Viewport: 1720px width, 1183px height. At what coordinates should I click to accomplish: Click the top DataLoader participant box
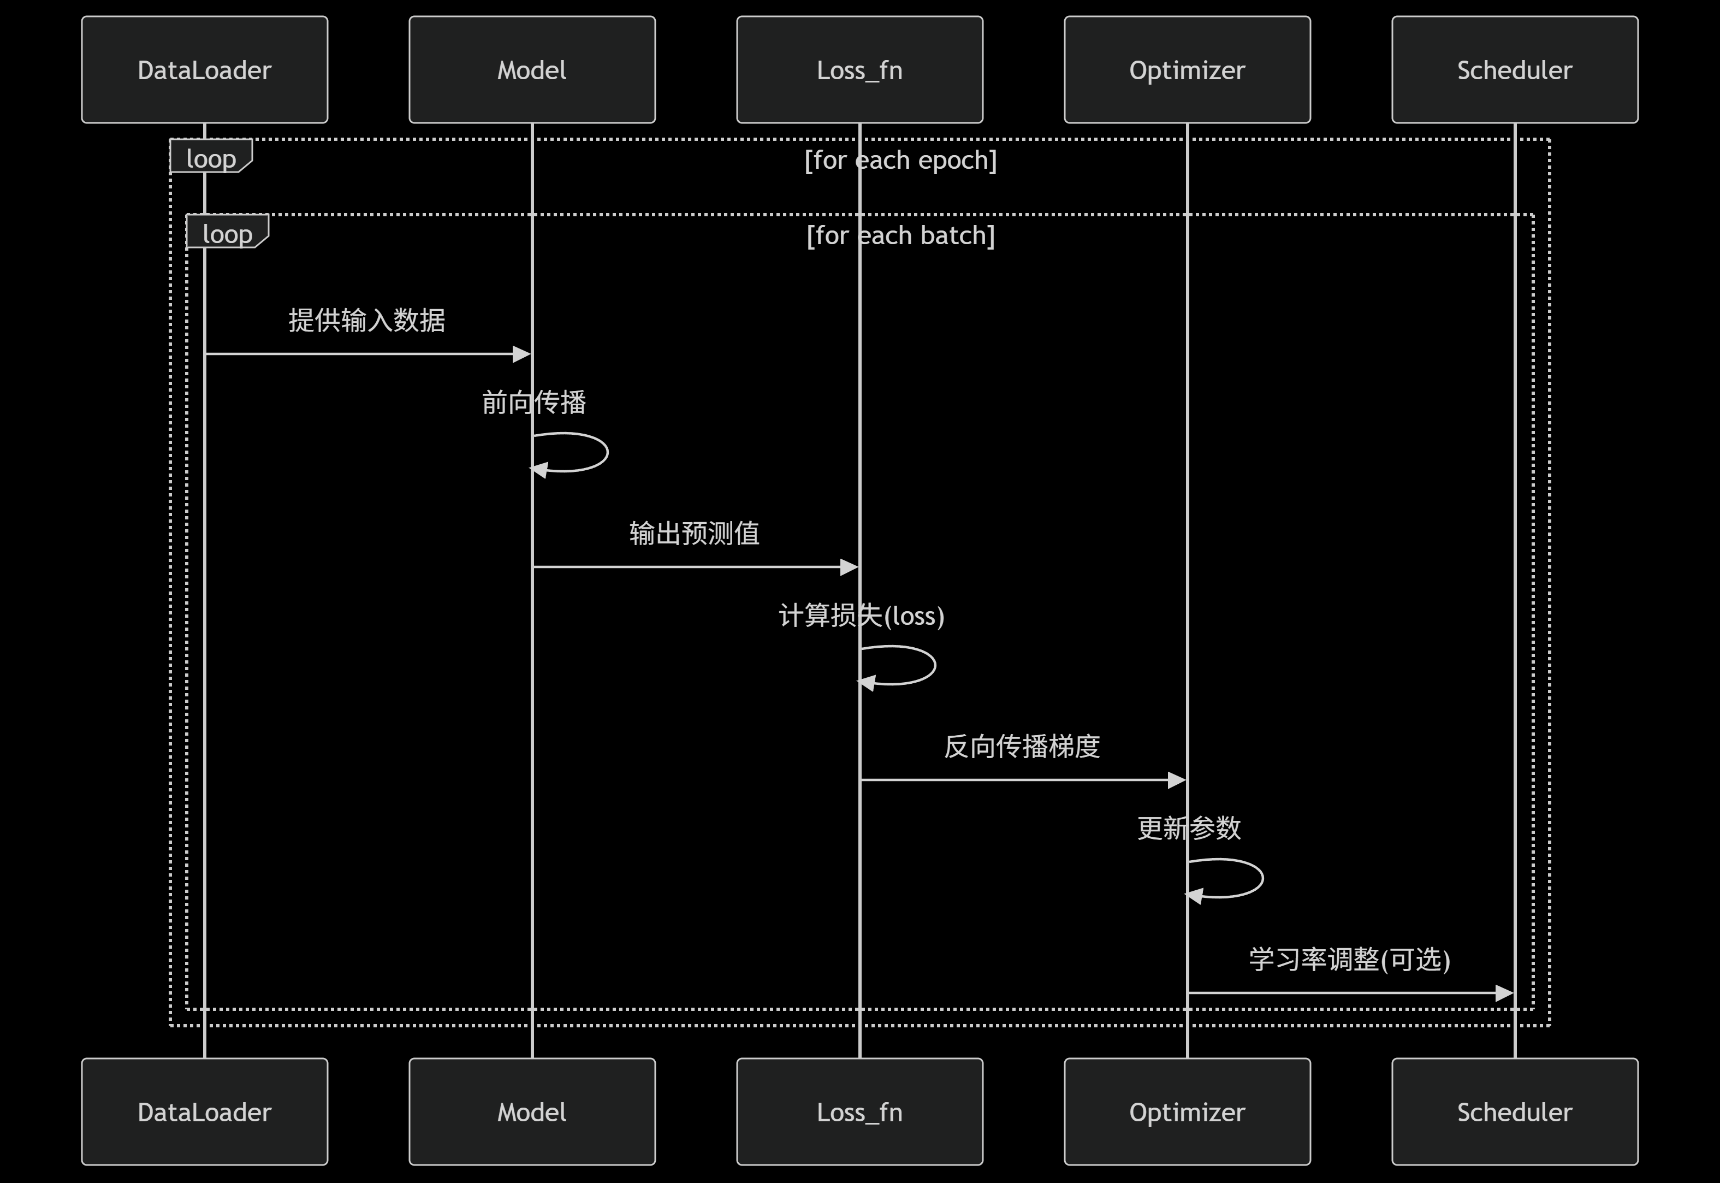pos(205,70)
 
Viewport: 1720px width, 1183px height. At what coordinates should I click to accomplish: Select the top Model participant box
pos(532,70)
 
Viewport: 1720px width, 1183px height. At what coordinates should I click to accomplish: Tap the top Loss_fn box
pos(859,70)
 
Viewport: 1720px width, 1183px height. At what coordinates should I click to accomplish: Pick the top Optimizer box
pos(1187,70)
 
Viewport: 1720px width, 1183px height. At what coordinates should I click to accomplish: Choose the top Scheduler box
pos(1515,70)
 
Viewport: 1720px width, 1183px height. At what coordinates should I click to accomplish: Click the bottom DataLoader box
pos(205,1112)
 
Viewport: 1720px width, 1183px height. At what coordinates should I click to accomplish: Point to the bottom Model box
pos(532,1112)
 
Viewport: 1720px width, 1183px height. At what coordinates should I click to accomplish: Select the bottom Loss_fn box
pos(859,1112)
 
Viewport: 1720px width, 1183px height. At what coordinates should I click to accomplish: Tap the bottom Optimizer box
pos(1187,1112)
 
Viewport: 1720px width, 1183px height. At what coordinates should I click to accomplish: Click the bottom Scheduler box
pos(1515,1112)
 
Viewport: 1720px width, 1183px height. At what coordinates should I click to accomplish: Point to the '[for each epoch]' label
pos(900,160)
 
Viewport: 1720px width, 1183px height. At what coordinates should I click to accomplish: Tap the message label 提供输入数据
pos(367,320)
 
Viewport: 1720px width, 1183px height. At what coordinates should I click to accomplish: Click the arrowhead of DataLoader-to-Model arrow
pos(521,354)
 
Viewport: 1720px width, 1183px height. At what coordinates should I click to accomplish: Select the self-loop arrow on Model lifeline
pos(585,452)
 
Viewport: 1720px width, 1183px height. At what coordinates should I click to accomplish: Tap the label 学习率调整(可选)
pos(1349,959)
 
